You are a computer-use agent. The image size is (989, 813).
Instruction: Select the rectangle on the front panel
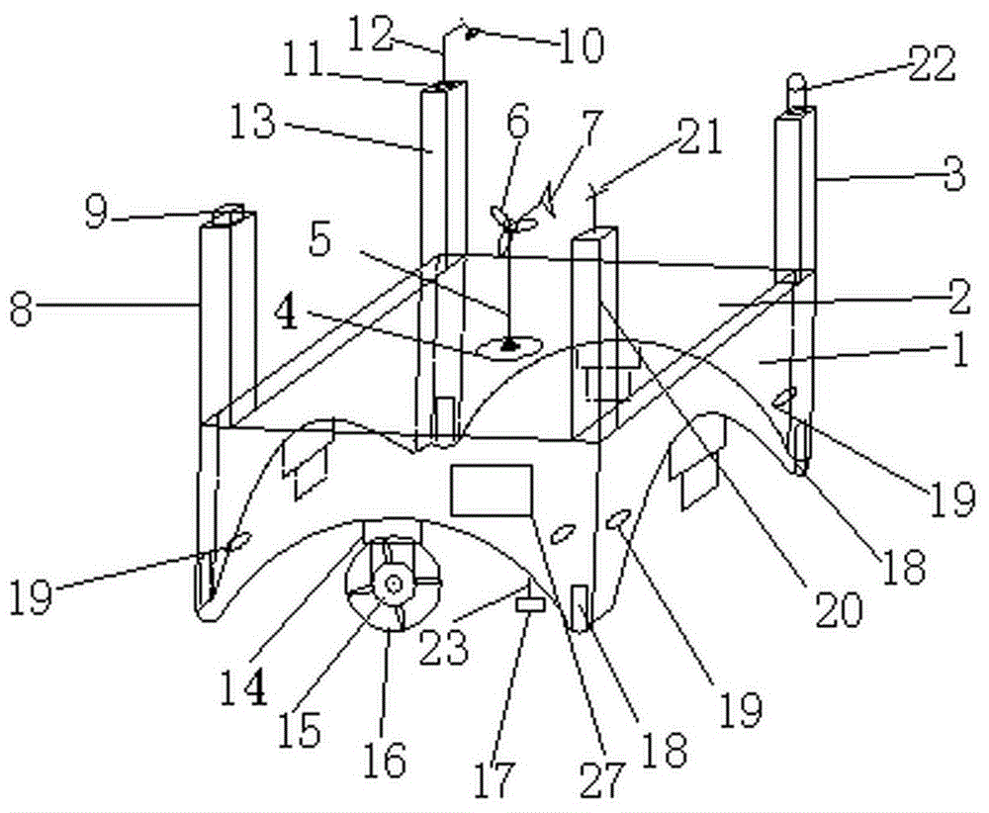(492, 491)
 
